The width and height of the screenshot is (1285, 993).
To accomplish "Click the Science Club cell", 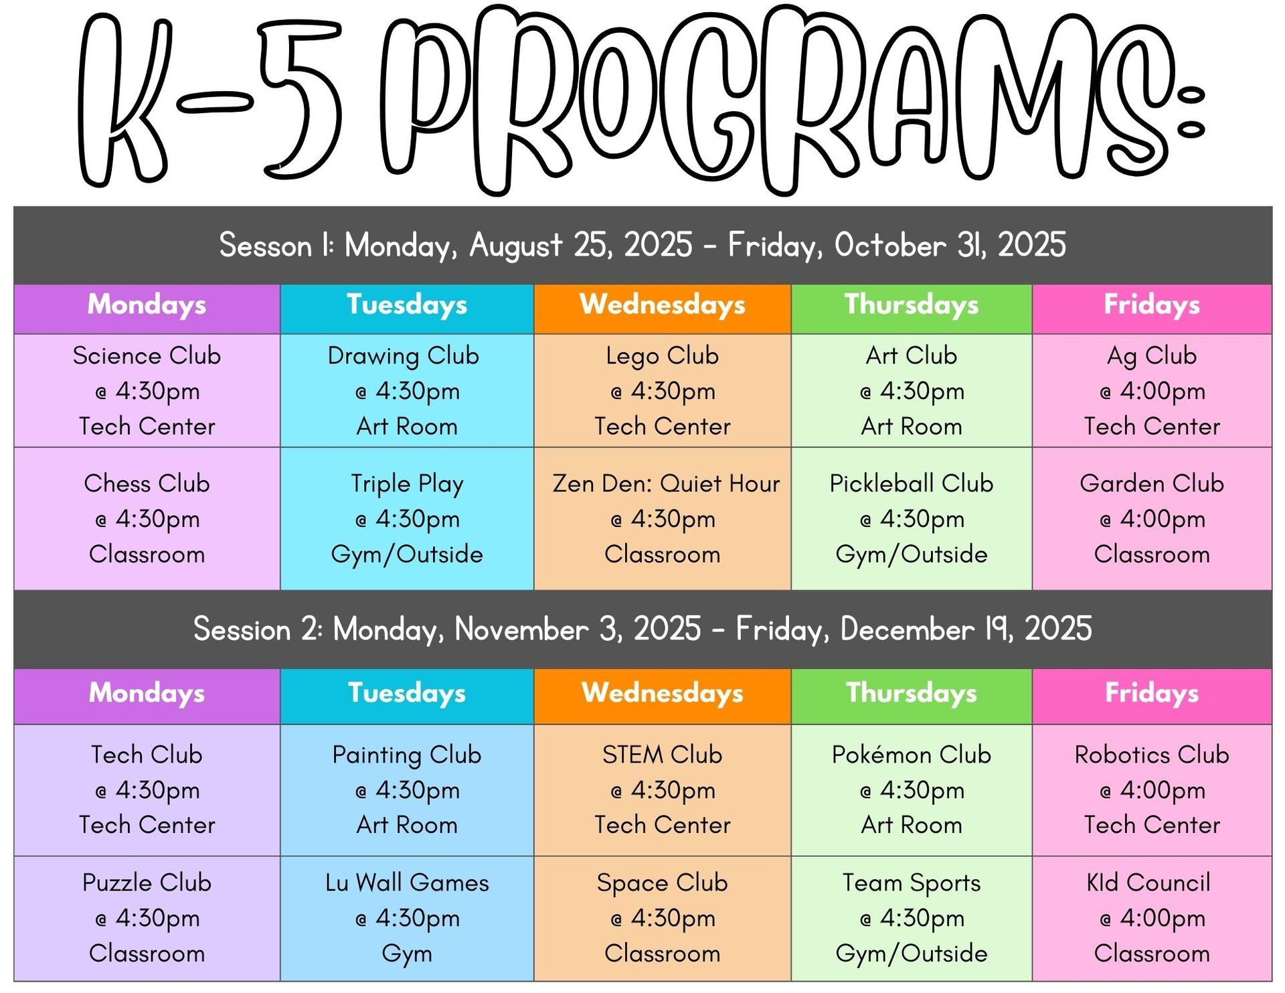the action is (x=147, y=390).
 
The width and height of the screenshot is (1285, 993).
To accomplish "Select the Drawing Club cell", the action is (x=407, y=390).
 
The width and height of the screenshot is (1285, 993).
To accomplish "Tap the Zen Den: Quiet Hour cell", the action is (x=663, y=518).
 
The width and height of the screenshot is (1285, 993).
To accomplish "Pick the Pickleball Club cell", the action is (x=912, y=518).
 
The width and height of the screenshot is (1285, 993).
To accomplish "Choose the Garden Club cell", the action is (x=1152, y=518).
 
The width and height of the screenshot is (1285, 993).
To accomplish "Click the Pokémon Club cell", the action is (x=912, y=790).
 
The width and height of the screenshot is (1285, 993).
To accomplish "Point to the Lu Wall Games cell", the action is (x=407, y=919).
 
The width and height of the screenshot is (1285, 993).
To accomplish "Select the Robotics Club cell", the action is (x=1152, y=790).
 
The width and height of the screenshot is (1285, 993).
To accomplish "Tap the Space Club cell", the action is (x=663, y=919).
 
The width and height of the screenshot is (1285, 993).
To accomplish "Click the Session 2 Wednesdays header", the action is (x=663, y=696).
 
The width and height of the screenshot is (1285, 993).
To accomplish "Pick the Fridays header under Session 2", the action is (x=1152, y=696).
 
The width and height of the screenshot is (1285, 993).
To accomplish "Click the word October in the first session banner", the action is (x=890, y=245).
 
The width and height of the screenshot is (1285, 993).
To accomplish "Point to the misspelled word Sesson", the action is (x=266, y=246).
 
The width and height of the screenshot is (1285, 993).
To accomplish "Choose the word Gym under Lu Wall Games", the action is (x=407, y=954).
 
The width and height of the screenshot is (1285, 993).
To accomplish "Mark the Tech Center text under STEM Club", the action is (x=663, y=825).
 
